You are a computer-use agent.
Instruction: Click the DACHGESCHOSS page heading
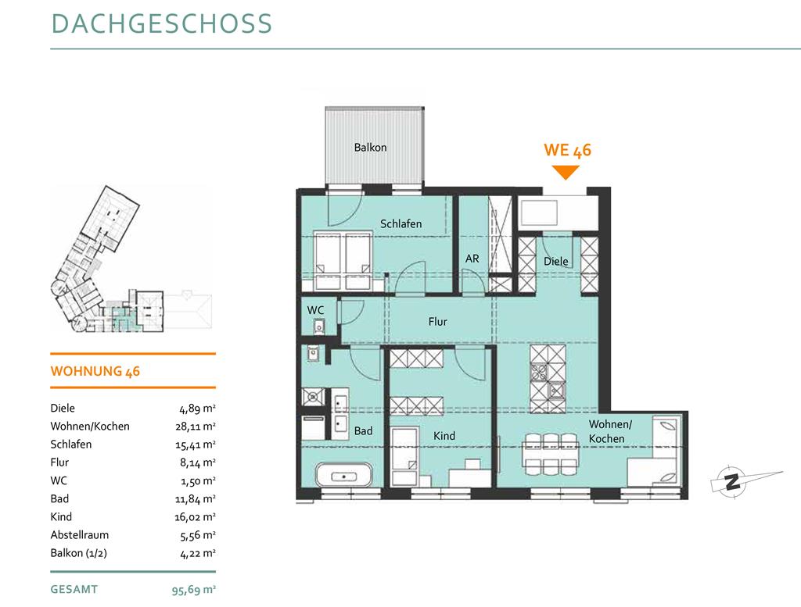pos(161,24)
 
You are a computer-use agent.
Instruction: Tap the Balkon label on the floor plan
pos(370,148)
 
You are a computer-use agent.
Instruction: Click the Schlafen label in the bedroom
pos(401,224)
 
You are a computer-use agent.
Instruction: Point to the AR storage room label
pos(472,259)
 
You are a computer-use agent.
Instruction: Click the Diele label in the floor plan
pos(556,261)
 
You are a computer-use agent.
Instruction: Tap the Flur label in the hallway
pos(438,322)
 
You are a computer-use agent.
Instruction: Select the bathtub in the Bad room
pos(344,476)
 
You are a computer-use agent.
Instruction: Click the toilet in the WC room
pos(319,326)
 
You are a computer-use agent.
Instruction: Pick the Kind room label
pos(444,436)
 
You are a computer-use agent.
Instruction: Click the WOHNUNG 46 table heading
pos(95,371)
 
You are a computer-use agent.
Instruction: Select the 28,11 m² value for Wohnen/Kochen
pos(195,427)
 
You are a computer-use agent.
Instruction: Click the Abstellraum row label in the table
pos(79,535)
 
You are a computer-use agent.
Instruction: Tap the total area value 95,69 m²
pos(194,590)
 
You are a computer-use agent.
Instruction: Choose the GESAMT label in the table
pos(74,590)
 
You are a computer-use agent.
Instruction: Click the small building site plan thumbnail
pos(131,259)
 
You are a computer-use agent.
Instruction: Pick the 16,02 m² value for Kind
pos(195,517)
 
